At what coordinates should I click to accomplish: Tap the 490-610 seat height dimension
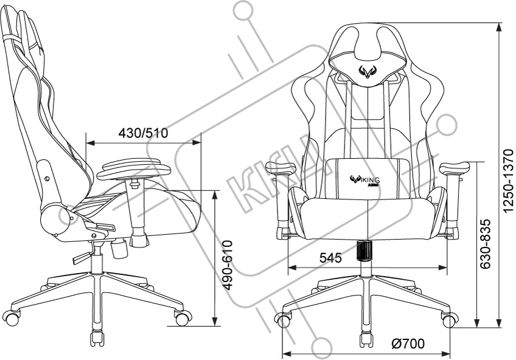pos(226,265)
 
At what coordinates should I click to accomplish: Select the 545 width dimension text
pos(330,258)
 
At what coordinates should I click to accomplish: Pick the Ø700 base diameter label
pos(408,344)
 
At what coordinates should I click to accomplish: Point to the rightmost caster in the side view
pos(182,317)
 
